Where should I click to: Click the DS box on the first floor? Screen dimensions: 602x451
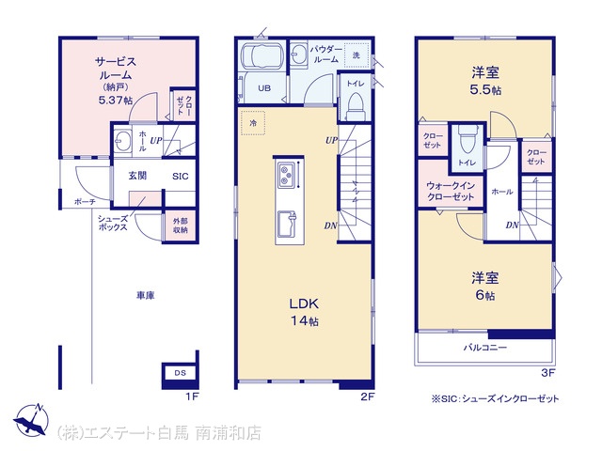(180, 373)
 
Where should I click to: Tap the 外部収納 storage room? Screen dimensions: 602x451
(180, 225)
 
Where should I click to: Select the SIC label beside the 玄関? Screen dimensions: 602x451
(181, 177)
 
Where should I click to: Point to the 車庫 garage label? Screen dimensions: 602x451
(146, 295)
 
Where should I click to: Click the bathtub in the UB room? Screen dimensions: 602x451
(262, 56)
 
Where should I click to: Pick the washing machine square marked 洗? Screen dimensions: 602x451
(356, 55)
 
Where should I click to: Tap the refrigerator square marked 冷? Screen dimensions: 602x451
(253, 123)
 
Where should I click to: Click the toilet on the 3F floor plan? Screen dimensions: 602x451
(467, 140)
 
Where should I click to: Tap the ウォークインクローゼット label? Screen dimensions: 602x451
(451, 191)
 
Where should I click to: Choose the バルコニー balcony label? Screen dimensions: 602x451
(485, 348)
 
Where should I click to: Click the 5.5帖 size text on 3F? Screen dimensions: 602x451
(485, 90)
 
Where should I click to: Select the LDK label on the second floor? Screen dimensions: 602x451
(304, 303)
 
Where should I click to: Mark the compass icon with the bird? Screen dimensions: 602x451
(31, 420)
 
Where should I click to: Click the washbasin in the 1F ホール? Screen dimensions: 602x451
(123, 141)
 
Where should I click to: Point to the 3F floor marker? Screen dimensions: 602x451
(547, 373)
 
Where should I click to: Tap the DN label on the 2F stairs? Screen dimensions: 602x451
(330, 225)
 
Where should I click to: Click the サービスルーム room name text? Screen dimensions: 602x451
(116, 68)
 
